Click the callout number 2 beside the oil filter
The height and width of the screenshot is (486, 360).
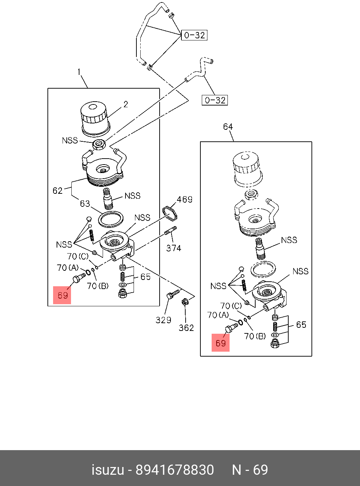pos(126,104)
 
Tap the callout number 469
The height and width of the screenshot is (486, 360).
pos(185,199)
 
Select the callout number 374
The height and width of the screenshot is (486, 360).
pos(174,248)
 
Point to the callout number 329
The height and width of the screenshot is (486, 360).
pos(163,320)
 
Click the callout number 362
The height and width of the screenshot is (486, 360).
pos(186,328)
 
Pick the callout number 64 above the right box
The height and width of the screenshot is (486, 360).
pos(228,127)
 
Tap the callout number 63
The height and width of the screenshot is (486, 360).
pos(85,204)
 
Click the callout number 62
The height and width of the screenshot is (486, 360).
pos(58,191)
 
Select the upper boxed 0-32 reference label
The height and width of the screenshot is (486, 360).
pos(194,35)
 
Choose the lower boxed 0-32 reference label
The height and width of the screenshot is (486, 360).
pos(215,100)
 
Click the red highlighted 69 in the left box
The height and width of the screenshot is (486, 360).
pos(62,295)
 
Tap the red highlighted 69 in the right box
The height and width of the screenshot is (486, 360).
pos(220,343)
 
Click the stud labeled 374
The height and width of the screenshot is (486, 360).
pos(170,231)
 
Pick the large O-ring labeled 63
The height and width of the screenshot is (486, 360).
pos(111,219)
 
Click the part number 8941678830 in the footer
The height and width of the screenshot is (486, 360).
pos(175,470)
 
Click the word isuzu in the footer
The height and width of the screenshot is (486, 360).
pos(108,470)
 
